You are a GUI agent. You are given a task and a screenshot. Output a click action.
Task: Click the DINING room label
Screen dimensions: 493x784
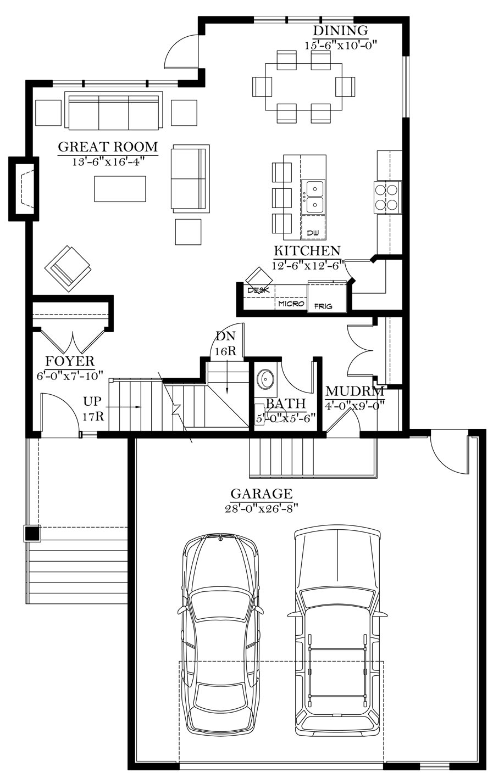[x=341, y=30]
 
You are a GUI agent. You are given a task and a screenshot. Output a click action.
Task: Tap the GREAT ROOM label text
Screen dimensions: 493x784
[x=108, y=147]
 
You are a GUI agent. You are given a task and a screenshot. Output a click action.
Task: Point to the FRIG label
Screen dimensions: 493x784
[x=323, y=306]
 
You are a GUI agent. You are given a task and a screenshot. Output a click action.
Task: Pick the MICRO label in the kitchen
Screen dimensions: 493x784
[x=291, y=304]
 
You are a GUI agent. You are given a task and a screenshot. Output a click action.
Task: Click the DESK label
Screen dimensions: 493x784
[x=258, y=290]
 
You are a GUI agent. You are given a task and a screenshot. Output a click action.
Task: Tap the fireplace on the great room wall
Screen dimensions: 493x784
[x=24, y=189]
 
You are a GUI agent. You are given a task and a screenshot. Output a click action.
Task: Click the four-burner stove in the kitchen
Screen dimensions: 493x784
[x=389, y=197]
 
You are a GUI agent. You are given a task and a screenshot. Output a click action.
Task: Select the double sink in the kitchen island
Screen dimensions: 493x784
[x=313, y=197]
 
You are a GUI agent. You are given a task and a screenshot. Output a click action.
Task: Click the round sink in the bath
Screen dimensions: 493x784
[x=265, y=379]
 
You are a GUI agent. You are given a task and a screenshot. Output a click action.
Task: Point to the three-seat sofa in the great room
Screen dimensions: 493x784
[x=114, y=110]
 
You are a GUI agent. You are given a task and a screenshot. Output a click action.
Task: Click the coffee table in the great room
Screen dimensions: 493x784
[x=120, y=189]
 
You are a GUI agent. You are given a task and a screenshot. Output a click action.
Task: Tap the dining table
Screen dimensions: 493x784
[x=304, y=86]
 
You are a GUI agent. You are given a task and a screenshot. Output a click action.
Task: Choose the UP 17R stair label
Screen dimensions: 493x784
[x=93, y=408]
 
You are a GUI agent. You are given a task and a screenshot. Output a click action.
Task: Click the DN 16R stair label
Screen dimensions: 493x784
[x=226, y=343]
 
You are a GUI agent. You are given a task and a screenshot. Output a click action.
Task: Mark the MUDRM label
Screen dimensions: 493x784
[x=354, y=391]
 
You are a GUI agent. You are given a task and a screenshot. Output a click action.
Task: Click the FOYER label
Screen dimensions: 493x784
[x=70, y=361]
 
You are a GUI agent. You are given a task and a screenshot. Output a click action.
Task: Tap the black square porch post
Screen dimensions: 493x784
[x=32, y=534]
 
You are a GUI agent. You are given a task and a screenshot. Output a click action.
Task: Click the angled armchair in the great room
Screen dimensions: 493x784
[x=68, y=268]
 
